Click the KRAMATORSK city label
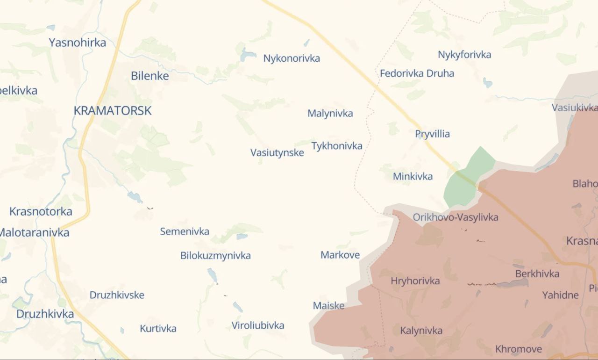pyautogui.click(x=113, y=111)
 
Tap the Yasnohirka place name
pyautogui.click(x=78, y=43)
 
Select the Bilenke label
pyautogui.click(x=150, y=76)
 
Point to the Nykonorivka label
pyautogui.click(x=292, y=58)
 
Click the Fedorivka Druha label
pyautogui.click(x=417, y=73)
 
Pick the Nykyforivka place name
pyautogui.click(x=464, y=55)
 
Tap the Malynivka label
pyautogui.click(x=330, y=114)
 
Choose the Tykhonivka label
pyautogui.click(x=337, y=146)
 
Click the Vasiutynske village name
pyautogui.click(x=277, y=152)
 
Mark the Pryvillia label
pyautogui.click(x=433, y=134)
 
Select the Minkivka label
pyautogui.click(x=413, y=176)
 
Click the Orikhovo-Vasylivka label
pyautogui.click(x=456, y=217)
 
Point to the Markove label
pyautogui.click(x=340, y=255)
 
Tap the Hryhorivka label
pyautogui.click(x=415, y=281)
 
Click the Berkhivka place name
pyautogui.click(x=537, y=274)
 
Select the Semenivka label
pyautogui.click(x=185, y=231)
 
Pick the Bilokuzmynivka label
pyautogui.click(x=215, y=256)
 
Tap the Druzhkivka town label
pyautogui.click(x=45, y=314)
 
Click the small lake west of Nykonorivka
pyautogui.click(x=248, y=56)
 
